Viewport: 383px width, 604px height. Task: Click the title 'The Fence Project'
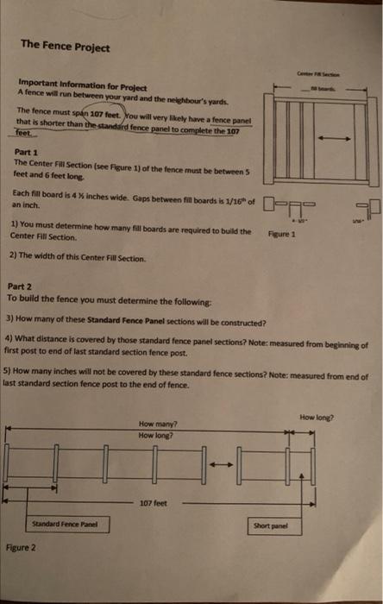click(65, 46)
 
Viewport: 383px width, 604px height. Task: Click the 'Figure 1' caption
click(281, 233)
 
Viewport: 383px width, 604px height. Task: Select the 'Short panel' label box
click(270, 524)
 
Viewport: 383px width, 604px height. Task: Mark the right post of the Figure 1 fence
click(366, 142)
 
